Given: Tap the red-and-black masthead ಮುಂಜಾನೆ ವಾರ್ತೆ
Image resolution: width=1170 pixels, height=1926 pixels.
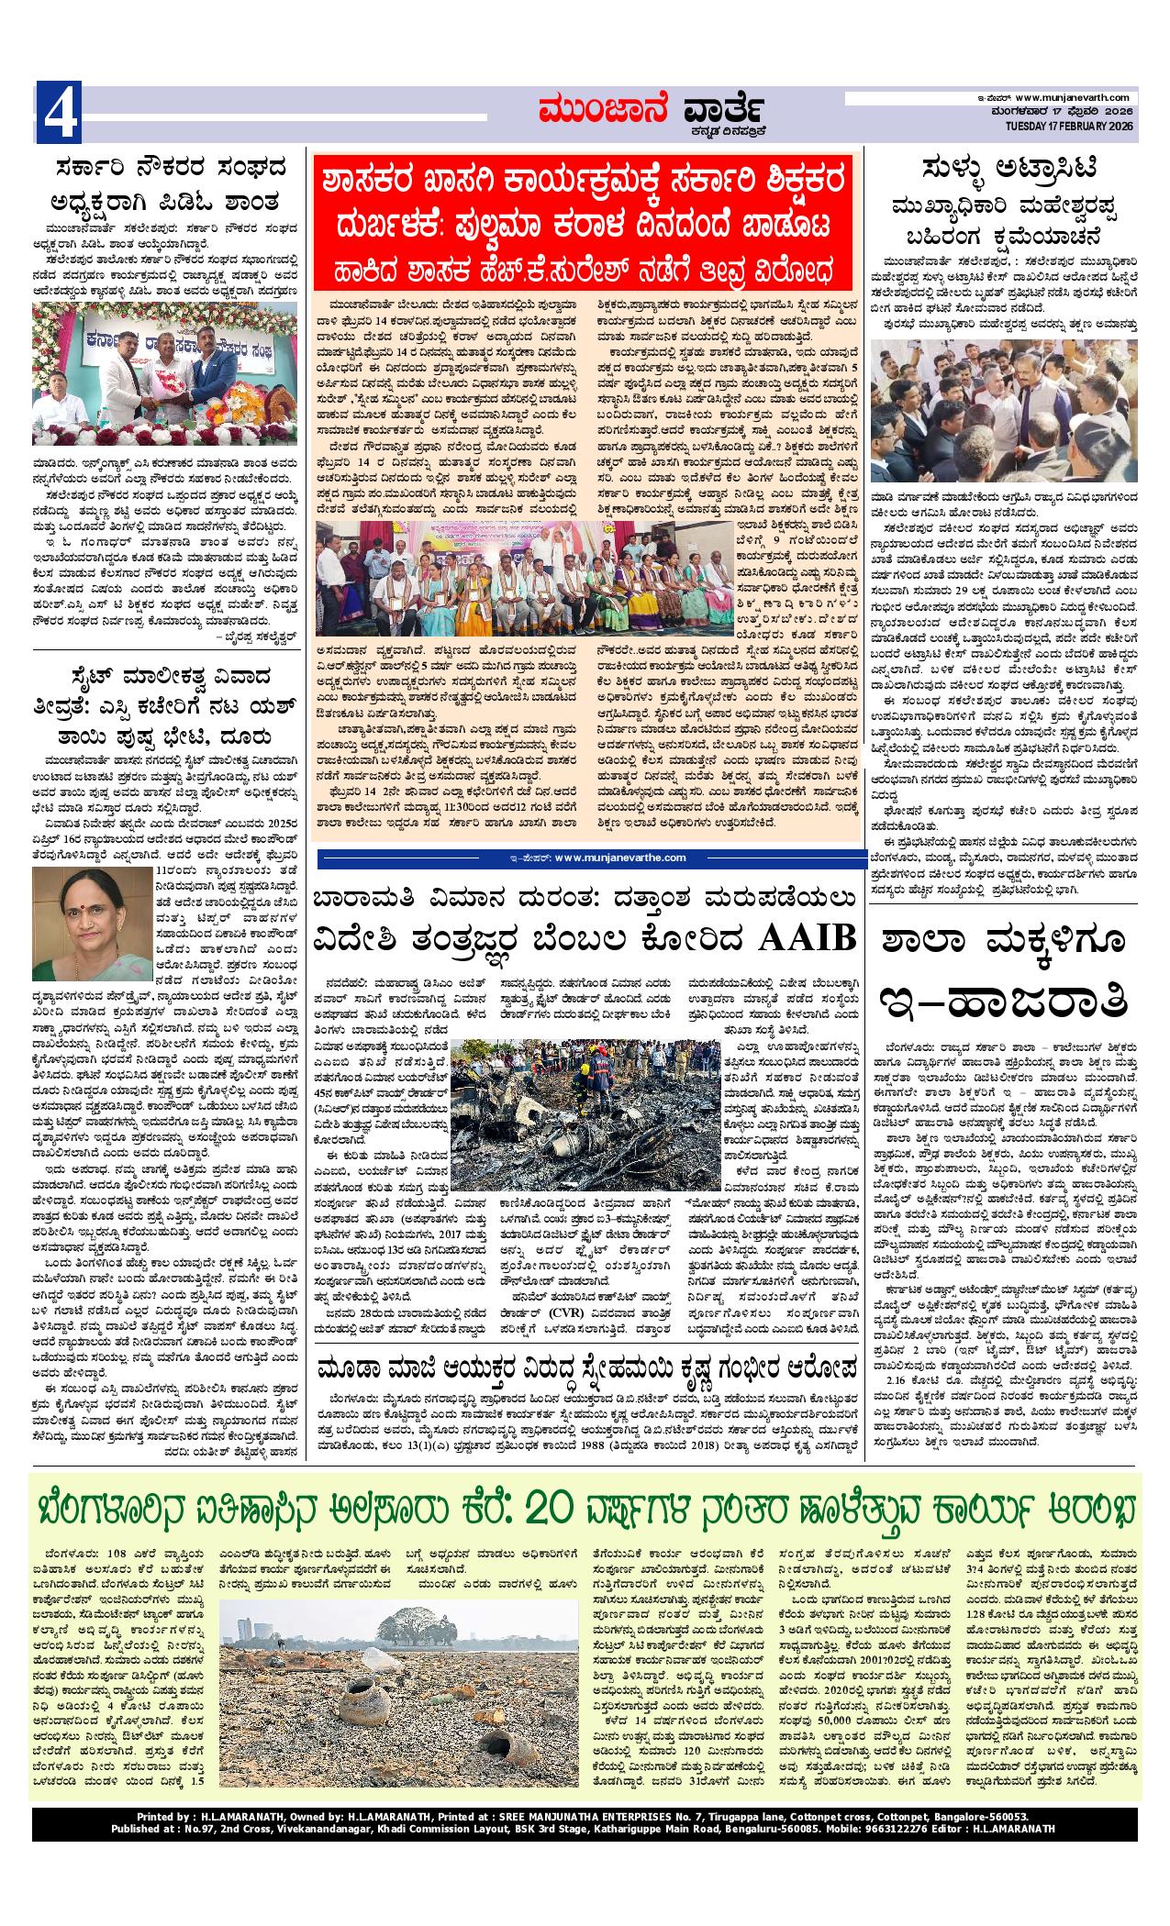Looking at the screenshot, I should tap(652, 114).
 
